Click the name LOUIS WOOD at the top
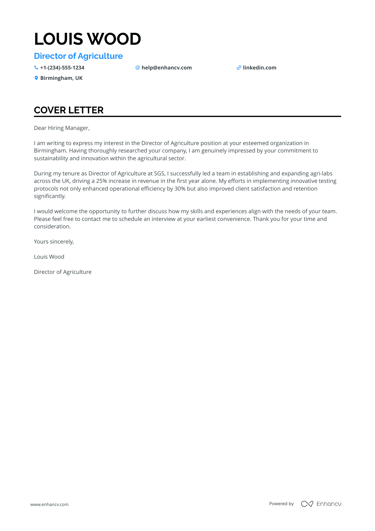coord(87,39)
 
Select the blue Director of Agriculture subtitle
coord(78,56)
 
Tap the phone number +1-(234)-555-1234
coord(62,68)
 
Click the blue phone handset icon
coord(36,68)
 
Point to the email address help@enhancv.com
coord(166,68)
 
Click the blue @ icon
coord(137,68)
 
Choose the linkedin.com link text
coord(259,68)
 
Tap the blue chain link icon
coord(239,68)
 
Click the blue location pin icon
coord(36,78)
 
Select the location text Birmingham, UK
coord(61,78)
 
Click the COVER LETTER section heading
coord(69,110)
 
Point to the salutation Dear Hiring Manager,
coord(62,128)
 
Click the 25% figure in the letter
coord(101,181)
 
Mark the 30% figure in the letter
coord(180,189)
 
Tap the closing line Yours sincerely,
coord(54,242)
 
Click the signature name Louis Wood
coord(49,257)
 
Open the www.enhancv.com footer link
coord(49,504)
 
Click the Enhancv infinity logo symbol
coord(307,504)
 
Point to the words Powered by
coord(281,504)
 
